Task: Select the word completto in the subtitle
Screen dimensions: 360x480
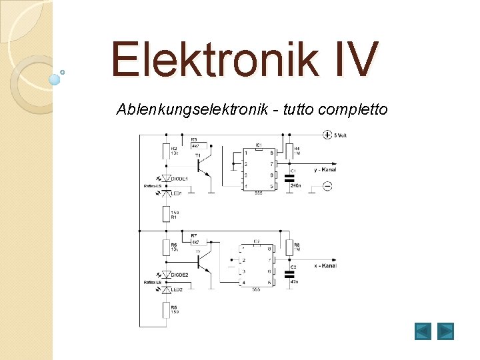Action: point(355,109)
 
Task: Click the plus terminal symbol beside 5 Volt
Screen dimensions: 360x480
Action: point(327,135)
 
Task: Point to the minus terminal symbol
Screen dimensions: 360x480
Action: point(327,186)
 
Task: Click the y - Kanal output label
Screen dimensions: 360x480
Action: point(325,169)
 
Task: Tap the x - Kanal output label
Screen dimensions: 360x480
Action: point(325,266)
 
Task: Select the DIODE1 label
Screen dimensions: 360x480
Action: point(180,179)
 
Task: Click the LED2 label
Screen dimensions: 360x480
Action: point(176,289)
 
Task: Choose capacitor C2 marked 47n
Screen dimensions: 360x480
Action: point(289,273)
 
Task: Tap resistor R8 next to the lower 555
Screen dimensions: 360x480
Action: point(289,248)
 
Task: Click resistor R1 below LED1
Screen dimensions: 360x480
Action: point(167,214)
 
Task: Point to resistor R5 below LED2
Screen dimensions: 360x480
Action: point(167,310)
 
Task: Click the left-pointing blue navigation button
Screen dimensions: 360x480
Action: point(423,331)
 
